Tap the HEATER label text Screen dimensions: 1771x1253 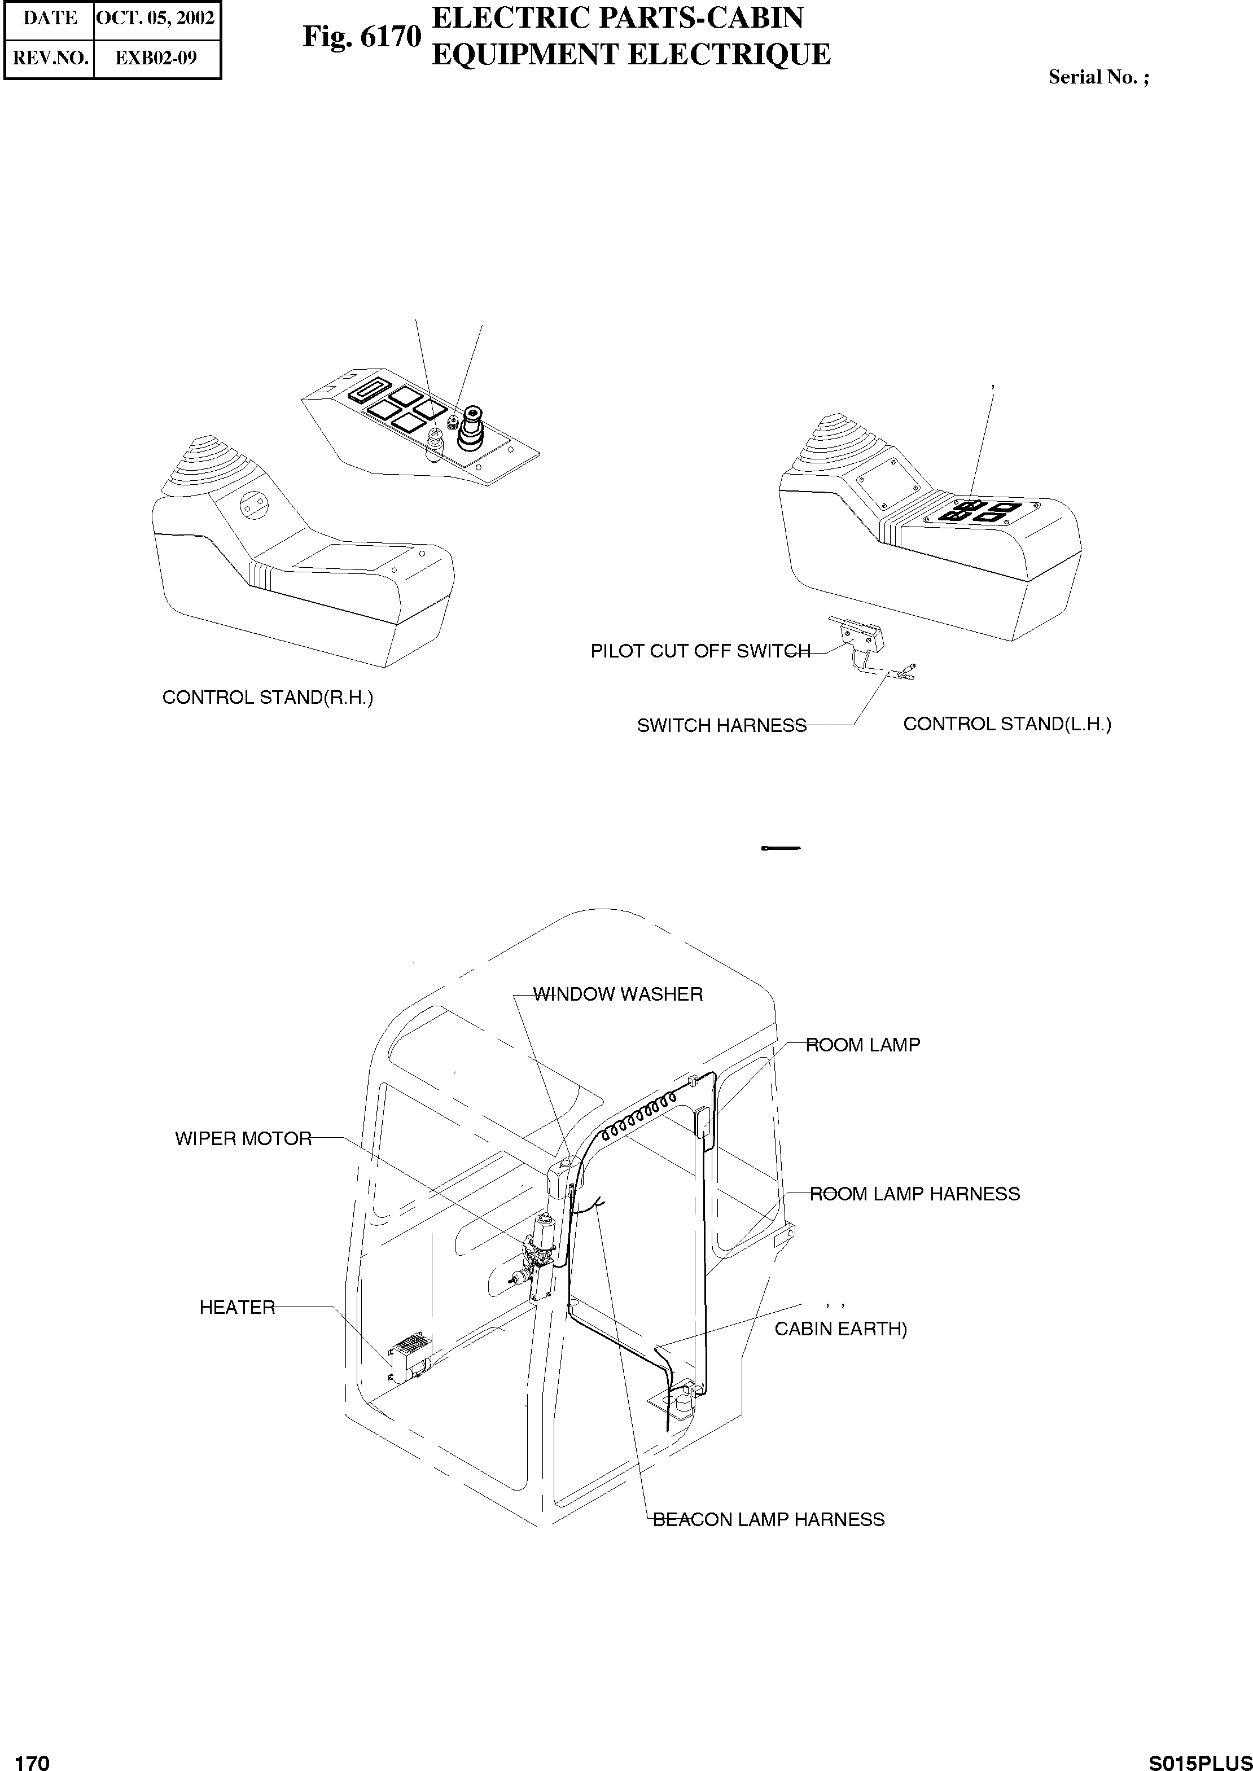[237, 1308]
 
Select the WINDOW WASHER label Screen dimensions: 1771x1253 [618, 994]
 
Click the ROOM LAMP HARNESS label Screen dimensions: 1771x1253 [914, 1194]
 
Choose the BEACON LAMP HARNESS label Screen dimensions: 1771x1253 [769, 1519]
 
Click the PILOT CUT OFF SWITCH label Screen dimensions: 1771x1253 [700, 651]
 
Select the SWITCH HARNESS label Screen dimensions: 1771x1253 [721, 726]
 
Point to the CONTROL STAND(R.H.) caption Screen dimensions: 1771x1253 [267, 698]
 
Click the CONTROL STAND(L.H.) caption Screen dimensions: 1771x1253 [1007, 724]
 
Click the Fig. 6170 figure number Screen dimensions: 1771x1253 [362, 36]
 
